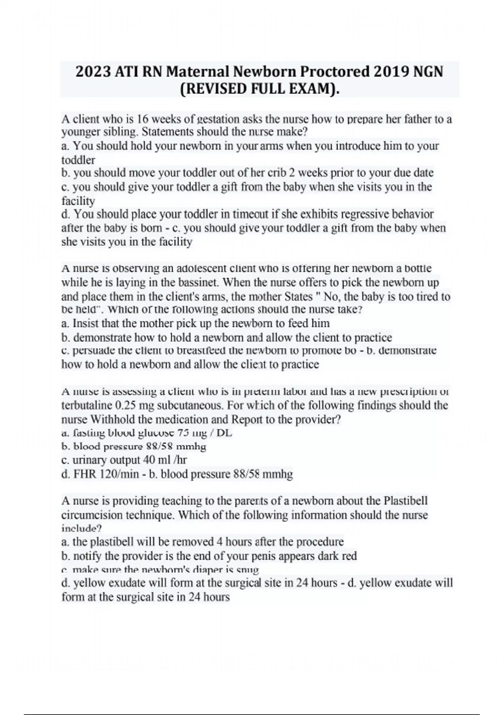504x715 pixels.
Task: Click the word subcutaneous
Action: click(x=192, y=406)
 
